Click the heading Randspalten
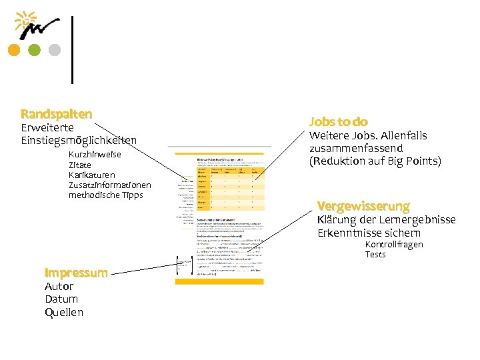[56, 114]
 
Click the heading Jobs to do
[338, 121]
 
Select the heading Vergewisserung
[363, 205]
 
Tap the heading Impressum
[76, 273]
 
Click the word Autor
[59, 287]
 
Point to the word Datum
[61, 299]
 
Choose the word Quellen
[64, 312]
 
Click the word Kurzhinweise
[95, 155]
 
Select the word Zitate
[81, 165]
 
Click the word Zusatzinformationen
[109, 185]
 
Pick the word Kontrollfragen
[393, 245]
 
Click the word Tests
[375, 255]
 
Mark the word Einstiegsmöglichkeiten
[79, 140]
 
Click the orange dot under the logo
[13, 49]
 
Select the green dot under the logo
[34, 49]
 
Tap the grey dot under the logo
[55, 49]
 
